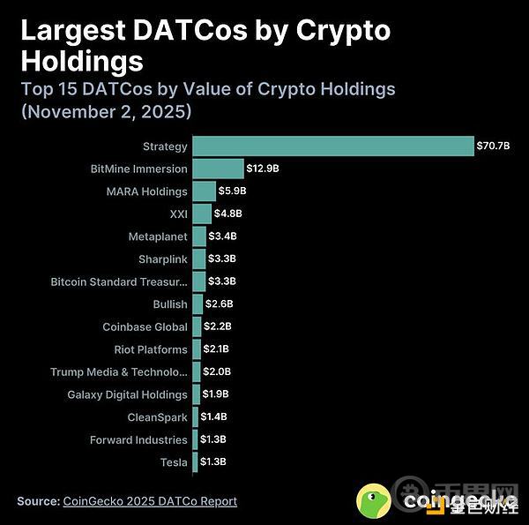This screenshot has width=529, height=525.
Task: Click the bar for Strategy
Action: [333, 146]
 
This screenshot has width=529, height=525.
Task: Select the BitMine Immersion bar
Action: [218, 169]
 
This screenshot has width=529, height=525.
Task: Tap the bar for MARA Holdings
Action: [204, 191]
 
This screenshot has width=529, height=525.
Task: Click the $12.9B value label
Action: [262, 169]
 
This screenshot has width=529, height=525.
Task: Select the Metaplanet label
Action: [158, 236]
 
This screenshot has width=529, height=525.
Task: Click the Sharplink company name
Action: [163, 259]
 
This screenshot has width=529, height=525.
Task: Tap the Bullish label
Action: [170, 304]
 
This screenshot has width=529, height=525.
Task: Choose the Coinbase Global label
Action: [145, 326]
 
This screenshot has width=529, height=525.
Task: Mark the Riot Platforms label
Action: [149, 349]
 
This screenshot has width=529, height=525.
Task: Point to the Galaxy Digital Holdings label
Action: [127, 394]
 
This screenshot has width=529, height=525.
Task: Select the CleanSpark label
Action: [158, 417]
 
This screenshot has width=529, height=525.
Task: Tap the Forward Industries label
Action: [138, 439]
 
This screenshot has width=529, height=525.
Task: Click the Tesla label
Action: [174, 462]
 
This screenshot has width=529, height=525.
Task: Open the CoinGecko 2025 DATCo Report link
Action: [150, 501]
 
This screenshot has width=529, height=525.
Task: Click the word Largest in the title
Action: [71, 32]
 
